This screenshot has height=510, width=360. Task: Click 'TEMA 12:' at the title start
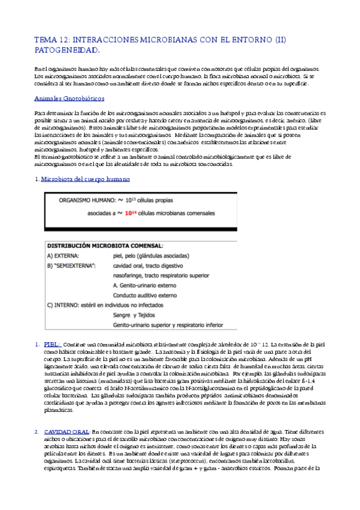52,40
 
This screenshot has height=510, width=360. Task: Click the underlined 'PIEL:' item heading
51,344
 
